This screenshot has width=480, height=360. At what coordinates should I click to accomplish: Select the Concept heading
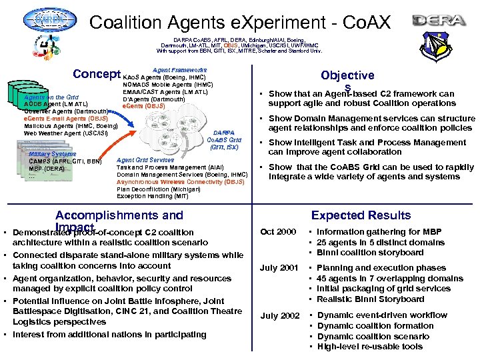point(96,74)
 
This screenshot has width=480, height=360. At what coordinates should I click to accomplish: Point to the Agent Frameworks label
point(179,69)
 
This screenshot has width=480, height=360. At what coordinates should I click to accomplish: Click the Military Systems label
point(53,154)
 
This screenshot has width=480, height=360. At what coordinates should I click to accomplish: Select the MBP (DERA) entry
point(47,169)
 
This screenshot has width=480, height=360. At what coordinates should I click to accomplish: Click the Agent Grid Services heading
point(145,160)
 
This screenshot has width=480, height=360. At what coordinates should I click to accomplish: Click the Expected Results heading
point(361,215)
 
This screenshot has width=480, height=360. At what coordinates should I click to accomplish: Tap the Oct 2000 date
point(277,231)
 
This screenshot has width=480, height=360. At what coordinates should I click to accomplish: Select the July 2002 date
point(279,315)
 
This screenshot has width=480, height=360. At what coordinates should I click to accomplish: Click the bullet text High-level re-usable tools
point(370,347)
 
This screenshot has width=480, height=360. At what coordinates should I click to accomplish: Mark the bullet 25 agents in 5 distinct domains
point(381,242)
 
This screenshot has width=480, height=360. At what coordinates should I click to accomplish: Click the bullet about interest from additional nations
point(109,335)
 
